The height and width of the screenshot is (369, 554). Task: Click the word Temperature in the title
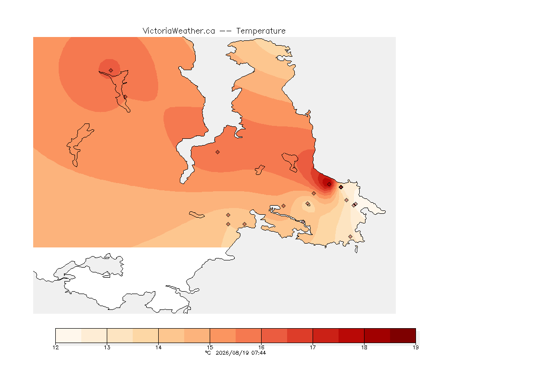(261, 31)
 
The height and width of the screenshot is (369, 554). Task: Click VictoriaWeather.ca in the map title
(179, 31)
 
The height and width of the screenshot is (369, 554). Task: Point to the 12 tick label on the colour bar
(55, 347)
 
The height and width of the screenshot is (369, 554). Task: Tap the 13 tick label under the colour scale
(107, 347)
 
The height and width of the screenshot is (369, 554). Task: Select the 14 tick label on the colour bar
(158, 347)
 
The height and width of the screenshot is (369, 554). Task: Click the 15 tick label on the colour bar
(210, 347)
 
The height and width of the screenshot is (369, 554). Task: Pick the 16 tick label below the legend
(262, 347)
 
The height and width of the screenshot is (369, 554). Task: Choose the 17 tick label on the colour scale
(313, 347)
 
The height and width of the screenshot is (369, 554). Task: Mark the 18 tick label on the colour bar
(364, 347)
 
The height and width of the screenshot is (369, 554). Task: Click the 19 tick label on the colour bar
(415, 347)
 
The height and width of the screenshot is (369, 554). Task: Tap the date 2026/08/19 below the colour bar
(232, 353)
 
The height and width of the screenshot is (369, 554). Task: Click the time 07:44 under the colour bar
(259, 353)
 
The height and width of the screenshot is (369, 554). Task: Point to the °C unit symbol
(208, 353)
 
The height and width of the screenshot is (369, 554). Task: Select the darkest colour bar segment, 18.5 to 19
(403, 335)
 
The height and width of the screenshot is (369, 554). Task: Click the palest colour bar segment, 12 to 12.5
(69, 335)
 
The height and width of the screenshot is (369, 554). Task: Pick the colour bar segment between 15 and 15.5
(223, 335)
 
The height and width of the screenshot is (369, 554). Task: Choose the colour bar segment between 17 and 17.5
(326, 335)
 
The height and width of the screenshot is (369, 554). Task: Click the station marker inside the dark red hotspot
(329, 184)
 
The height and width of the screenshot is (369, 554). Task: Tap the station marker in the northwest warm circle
(111, 70)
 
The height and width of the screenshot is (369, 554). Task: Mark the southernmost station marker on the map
(350, 236)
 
